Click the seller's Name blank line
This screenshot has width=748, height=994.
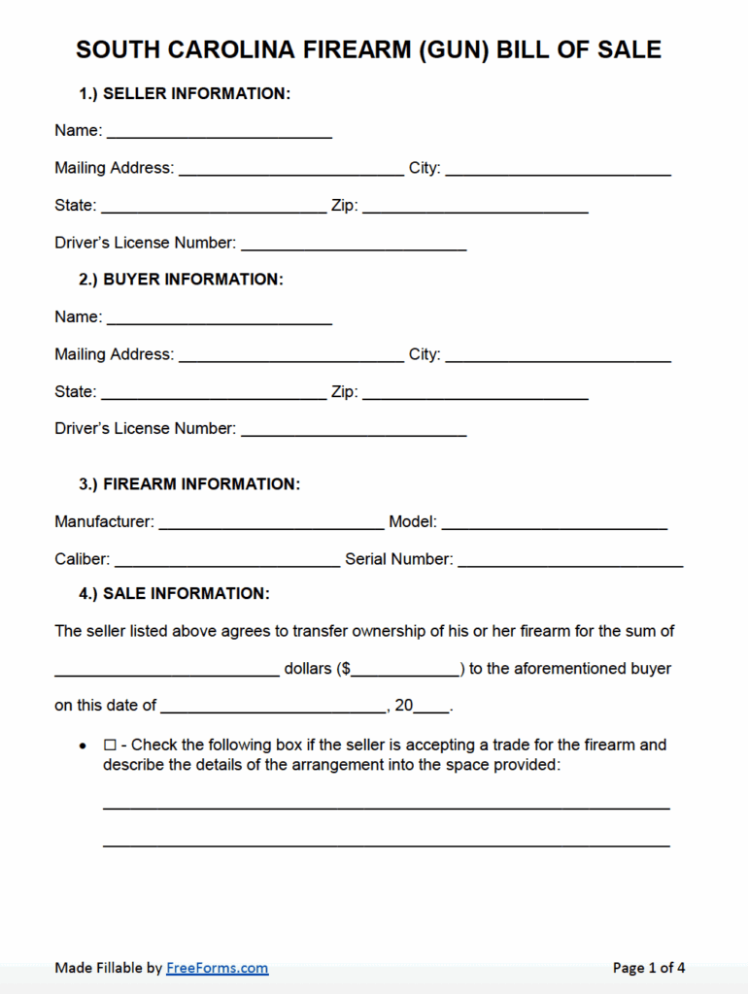click(x=219, y=131)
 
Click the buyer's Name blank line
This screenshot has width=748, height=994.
click(x=219, y=317)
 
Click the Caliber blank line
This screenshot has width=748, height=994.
click(x=226, y=560)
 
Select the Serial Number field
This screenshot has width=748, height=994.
click(x=570, y=560)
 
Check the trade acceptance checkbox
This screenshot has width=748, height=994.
click(x=110, y=745)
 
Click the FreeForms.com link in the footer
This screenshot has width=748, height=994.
click(x=217, y=968)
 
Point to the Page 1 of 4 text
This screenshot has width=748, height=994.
click(x=649, y=968)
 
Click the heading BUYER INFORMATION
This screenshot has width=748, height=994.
click(x=193, y=280)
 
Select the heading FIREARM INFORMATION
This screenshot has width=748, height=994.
click(x=202, y=484)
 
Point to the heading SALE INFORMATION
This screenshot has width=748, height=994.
click(x=187, y=594)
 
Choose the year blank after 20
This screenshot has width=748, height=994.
click(x=432, y=707)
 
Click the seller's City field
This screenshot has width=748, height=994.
click(x=558, y=169)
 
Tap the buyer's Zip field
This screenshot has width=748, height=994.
click(x=475, y=393)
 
